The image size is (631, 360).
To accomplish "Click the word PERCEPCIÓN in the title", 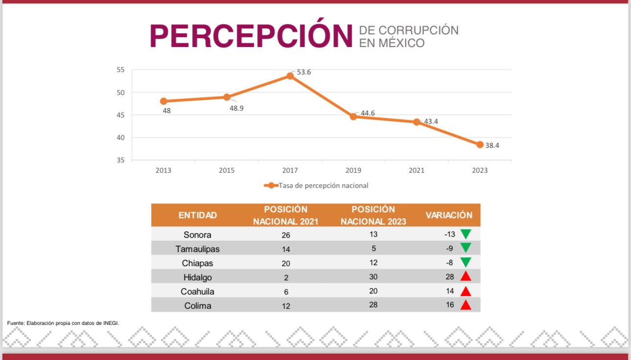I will coord(251,35).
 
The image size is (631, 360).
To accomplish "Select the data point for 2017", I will coord(290,76).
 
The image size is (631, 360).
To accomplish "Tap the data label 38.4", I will coord(492,145).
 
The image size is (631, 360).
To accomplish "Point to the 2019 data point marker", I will coord(353,116).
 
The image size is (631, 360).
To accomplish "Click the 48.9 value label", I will coord(236,108).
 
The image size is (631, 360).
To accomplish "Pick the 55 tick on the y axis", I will coord(120,70).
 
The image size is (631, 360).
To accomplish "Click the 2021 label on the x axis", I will coord(416,170).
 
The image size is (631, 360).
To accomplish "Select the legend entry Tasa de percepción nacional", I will coord(323,185).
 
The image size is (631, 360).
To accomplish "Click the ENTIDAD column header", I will coord(198,215).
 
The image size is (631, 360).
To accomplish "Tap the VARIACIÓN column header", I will coord(449,215).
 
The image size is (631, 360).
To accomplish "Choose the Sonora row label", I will coord(198,235).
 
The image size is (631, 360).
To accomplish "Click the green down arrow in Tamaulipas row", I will coord(466,248).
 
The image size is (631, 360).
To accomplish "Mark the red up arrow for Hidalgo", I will coord(466,277).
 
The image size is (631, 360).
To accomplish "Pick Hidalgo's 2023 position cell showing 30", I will coord(373,277).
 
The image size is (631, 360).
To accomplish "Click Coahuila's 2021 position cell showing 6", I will coord(286,292).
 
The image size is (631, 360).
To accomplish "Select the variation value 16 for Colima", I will coord(449,305).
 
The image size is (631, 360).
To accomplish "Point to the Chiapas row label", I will coord(198,263).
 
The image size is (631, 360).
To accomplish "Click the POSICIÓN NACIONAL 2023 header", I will coord(373,215).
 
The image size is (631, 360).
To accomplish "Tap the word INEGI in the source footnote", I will coord(111,323).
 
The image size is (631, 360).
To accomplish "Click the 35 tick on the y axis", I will coord(120,160).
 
